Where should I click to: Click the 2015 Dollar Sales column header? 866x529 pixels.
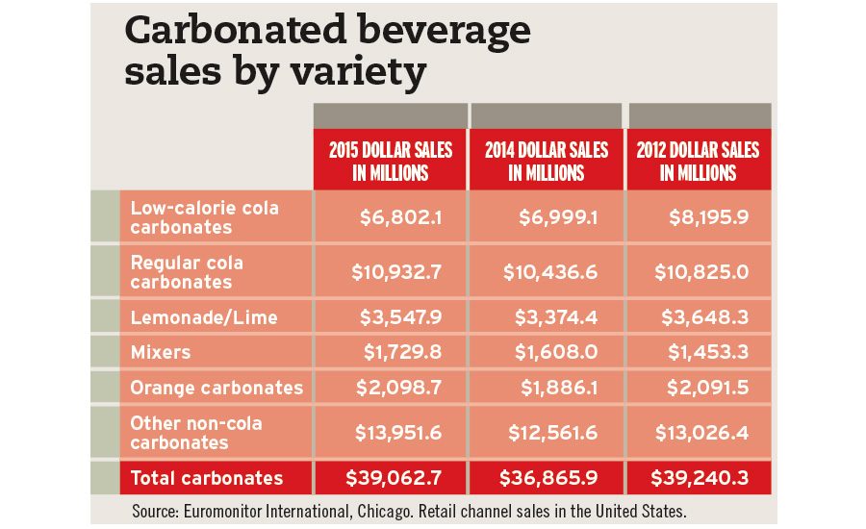tap(390, 162)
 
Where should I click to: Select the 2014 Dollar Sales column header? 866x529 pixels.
tap(547, 162)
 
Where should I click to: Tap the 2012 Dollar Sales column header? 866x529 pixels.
tap(698, 162)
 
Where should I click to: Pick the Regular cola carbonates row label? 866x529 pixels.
tap(187, 272)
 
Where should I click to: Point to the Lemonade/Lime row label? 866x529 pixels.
tap(204, 316)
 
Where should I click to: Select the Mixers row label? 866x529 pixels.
tap(161, 352)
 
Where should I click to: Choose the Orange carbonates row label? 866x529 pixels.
tap(216, 388)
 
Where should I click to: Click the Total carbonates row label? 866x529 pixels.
tap(207, 478)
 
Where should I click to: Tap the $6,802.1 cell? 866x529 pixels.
tap(401, 217)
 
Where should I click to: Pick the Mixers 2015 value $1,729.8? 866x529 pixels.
tap(401, 352)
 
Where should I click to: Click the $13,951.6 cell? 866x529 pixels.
tap(396, 433)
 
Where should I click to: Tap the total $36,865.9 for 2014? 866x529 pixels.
tap(549, 478)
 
